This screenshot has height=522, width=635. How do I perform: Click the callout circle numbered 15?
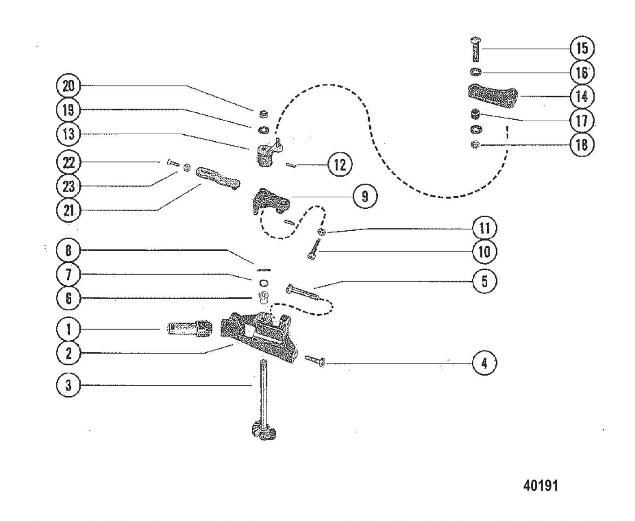[582, 48]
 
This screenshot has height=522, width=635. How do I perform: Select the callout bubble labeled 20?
[68, 86]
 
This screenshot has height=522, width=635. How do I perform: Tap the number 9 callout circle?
[365, 196]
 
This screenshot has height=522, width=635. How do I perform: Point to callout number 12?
[340, 165]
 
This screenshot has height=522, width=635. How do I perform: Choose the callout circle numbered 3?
[68, 385]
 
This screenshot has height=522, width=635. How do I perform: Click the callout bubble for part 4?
[484, 363]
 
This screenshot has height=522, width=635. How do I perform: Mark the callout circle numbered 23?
[68, 186]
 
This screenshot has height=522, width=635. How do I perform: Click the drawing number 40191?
[540, 485]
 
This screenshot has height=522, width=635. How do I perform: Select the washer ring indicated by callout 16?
[475, 72]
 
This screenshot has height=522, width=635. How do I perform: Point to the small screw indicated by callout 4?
[315, 360]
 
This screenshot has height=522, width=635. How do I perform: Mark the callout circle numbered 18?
[582, 144]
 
